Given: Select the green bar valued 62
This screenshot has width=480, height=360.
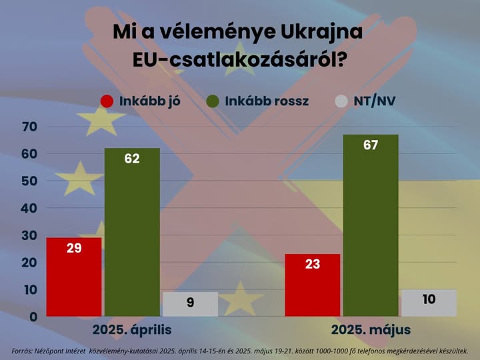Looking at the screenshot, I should (x=132, y=233).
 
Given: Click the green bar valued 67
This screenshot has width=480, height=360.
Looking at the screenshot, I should (x=371, y=227).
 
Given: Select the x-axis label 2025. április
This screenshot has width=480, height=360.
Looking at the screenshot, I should (x=132, y=330).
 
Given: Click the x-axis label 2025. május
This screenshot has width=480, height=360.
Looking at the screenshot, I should (x=371, y=330).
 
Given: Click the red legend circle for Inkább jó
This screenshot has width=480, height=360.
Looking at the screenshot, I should (x=107, y=101).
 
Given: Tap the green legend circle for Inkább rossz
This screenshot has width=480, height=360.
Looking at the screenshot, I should (x=213, y=101).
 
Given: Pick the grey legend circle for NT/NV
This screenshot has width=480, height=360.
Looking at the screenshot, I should (x=341, y=101).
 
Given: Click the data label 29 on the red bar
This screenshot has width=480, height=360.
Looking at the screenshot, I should (x=74, y=248).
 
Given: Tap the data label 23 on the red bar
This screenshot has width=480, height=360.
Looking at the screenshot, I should (x=312, y=264).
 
